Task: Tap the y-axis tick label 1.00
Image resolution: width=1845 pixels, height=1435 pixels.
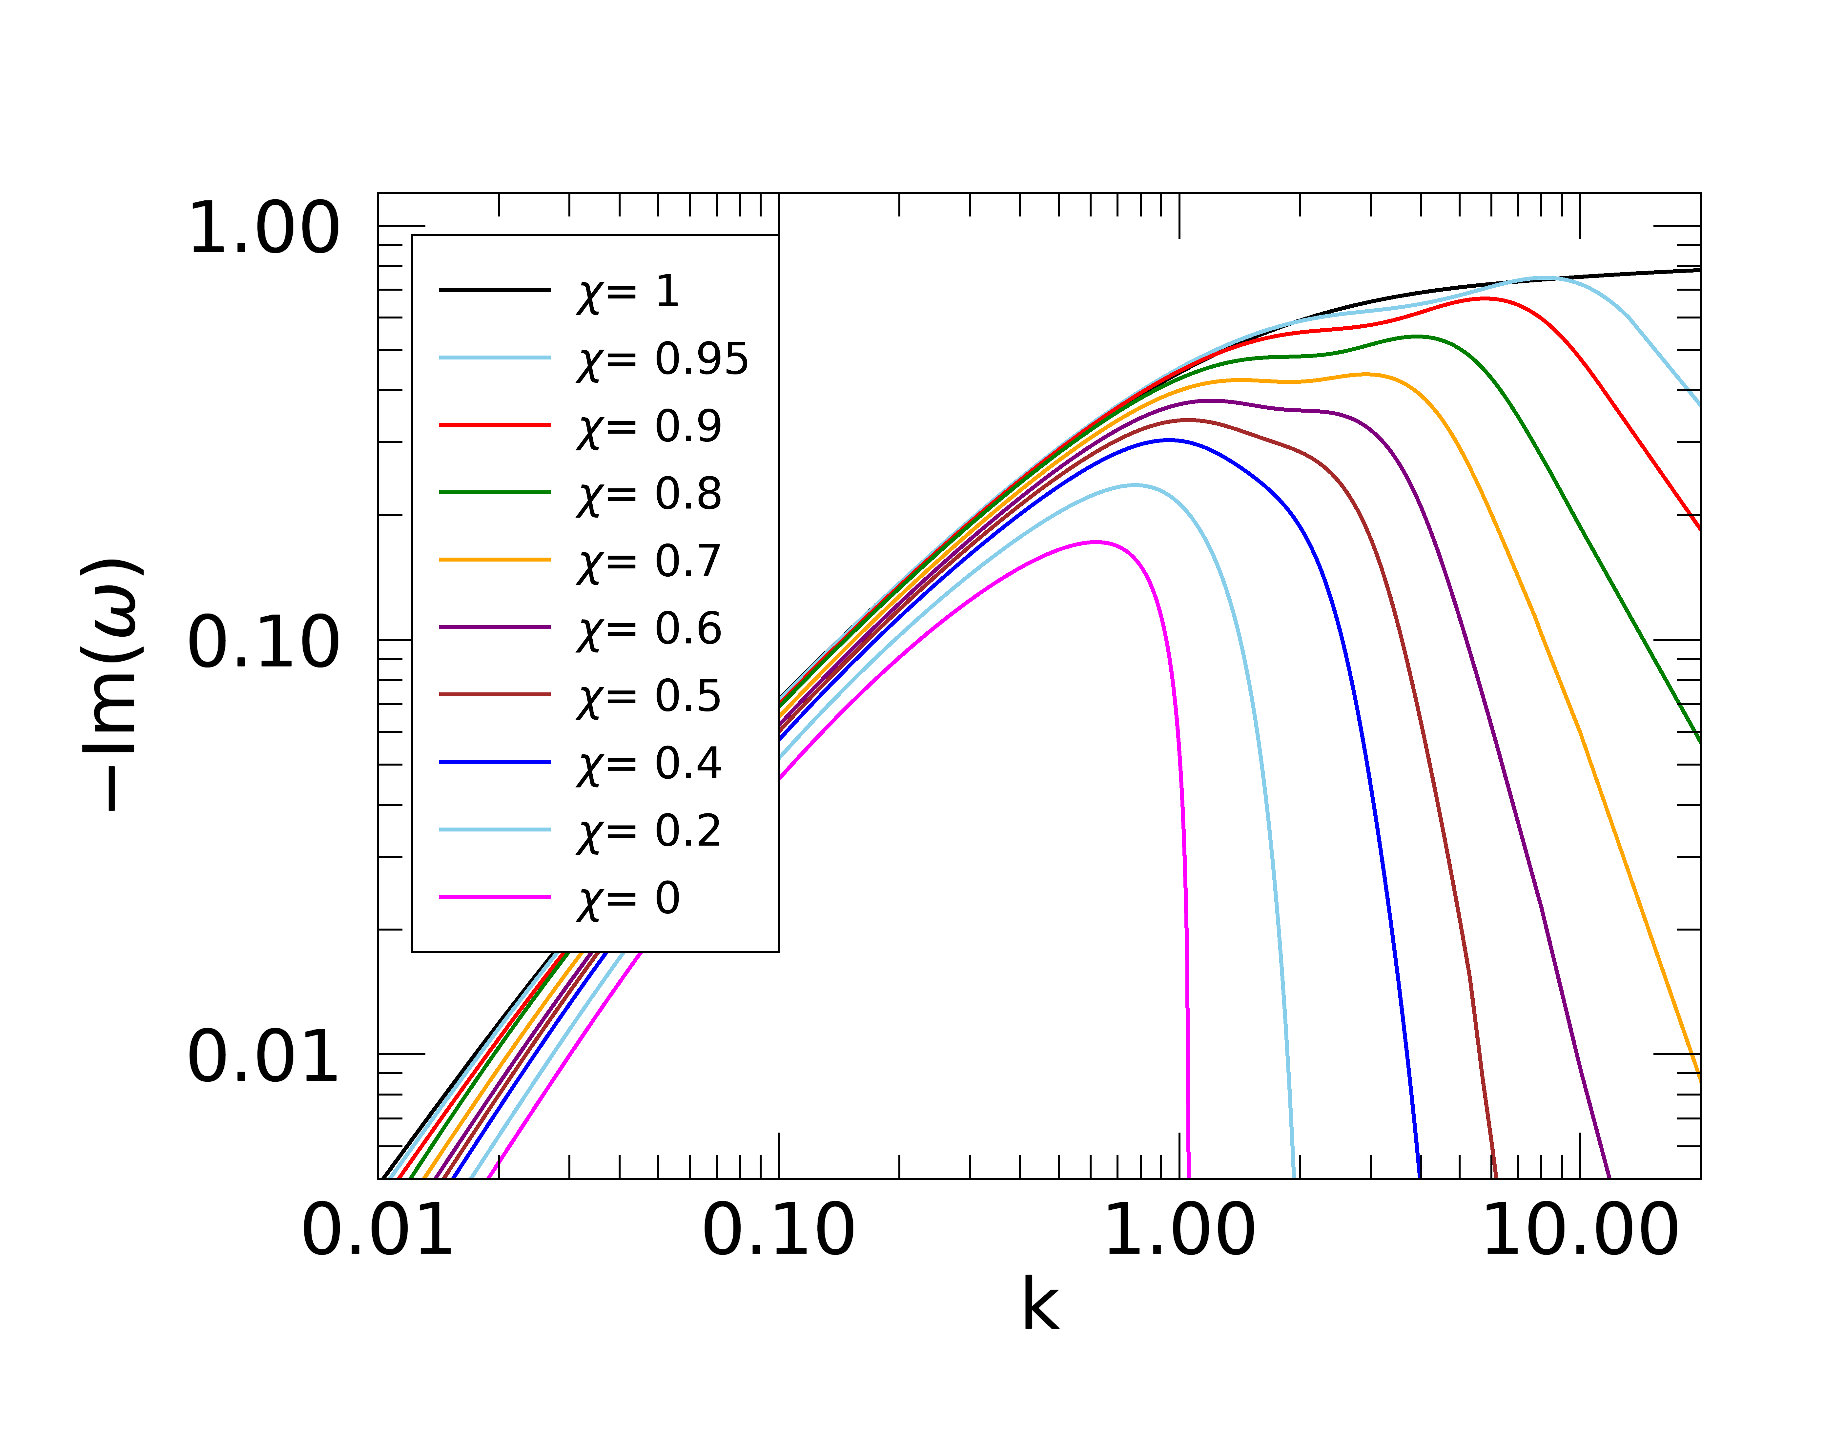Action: coord(264,229)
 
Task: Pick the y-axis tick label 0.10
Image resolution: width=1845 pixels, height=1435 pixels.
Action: coord(264,644)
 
